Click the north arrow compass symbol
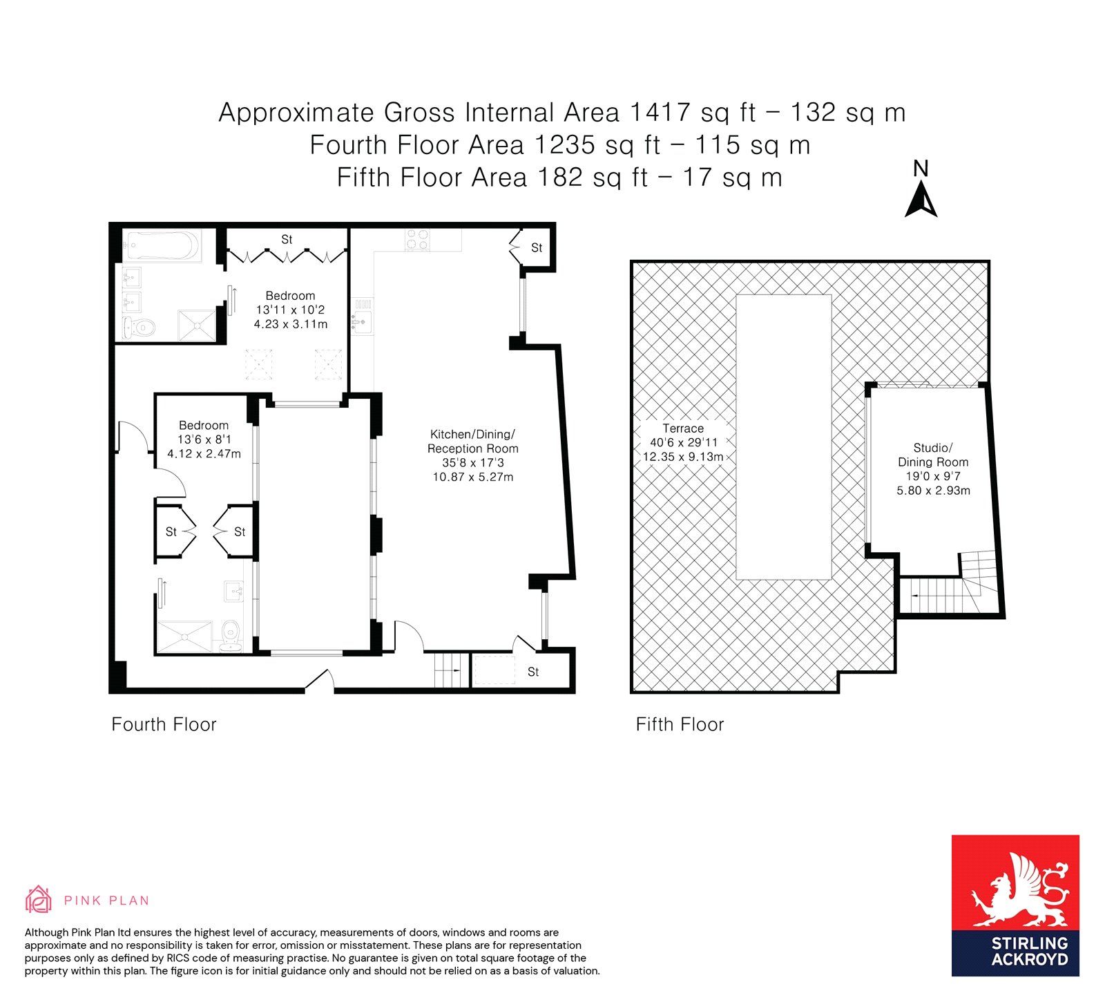pos(921,189)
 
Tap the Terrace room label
pos(683,442)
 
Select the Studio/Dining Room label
pos(933,469)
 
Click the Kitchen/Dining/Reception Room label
pos(473,455)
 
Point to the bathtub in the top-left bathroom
pos(162,246)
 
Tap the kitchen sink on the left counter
pos(362,321)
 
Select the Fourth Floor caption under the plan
pos(164,724)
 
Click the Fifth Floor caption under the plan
pos(680,724)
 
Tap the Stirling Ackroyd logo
pos(1015,905)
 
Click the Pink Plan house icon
pos(39,899)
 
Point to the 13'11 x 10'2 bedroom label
pos(290,310)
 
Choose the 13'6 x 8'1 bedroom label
pos(204,439)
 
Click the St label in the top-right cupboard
pos(537,247)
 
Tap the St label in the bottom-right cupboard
pos(533,672)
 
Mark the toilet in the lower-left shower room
pos(230,634)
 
